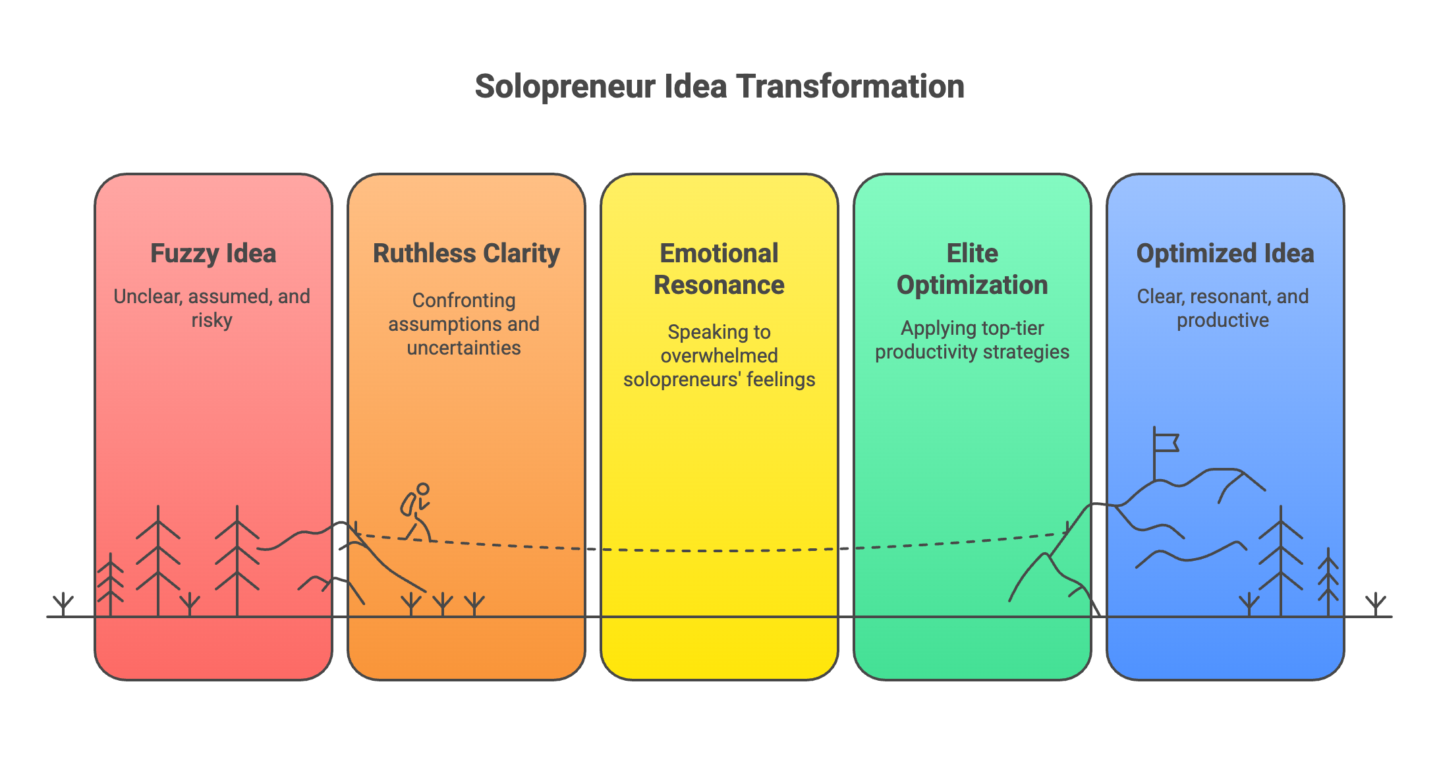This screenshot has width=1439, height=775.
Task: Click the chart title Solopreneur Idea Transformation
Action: tap(719, 86)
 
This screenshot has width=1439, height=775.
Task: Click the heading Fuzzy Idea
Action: tap(213, 254)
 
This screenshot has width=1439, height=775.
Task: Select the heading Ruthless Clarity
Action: tap(466, 254)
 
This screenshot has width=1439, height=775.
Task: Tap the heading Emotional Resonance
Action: tap(719, 269)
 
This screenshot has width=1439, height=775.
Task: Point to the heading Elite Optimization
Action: tap(972, 269)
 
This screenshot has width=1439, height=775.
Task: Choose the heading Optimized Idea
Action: tap(1225, 254)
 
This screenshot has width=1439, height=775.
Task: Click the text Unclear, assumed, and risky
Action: tap(212, 308)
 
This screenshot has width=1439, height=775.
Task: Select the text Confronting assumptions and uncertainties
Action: tap(464, 324)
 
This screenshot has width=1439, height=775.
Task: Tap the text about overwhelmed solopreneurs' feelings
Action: tap(719, 355)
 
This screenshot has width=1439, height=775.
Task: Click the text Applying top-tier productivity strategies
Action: tap(972, 339)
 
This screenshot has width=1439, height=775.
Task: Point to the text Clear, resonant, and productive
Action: tap(1223, 308)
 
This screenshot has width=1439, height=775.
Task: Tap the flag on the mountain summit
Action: tap(1165, 443)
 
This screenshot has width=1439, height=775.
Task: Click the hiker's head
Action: tap(423, 489)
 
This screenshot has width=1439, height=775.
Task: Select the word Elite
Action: tap(972, 254)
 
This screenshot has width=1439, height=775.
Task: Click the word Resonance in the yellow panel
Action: tap(719, 285)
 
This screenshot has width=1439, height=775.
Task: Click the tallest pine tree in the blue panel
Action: tap(1280, 560)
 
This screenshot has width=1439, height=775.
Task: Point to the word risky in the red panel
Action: tap(212, 320)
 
